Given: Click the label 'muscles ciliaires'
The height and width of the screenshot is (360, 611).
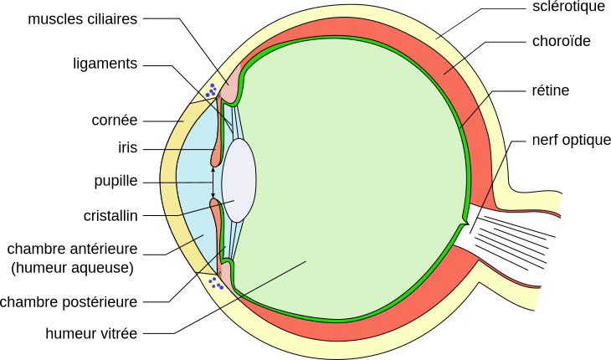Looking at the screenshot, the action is [83, 19].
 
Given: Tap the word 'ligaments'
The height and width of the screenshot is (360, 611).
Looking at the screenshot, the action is [105, 64].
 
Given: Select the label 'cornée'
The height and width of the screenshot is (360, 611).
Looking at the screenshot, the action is [115, 121].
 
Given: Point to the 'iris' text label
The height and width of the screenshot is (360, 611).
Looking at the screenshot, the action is [128, 147].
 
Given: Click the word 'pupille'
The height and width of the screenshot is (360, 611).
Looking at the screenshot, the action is [116, 182].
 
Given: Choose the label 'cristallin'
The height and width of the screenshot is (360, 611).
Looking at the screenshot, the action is [110, 215].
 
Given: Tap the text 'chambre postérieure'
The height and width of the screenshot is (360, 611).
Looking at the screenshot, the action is [69, 302].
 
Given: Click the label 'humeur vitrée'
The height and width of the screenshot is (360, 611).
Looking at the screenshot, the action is [91, 333].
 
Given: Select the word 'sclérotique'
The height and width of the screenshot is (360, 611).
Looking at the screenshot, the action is [568, 7].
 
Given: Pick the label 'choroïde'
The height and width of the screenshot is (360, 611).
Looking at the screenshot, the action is [561, 41].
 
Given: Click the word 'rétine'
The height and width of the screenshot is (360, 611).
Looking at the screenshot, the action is [551, 90].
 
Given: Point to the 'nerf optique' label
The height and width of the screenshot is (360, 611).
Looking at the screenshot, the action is [572, 141].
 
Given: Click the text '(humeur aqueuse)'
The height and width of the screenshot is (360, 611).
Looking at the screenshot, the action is [73, 268].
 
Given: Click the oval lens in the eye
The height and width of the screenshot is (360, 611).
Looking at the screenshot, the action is [239, 180].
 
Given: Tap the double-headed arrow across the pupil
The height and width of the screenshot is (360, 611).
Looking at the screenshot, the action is [213, 183].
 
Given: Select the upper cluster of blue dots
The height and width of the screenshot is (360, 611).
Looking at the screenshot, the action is [211, 90].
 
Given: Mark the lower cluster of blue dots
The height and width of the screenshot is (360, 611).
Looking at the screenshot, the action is [215, 283].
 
